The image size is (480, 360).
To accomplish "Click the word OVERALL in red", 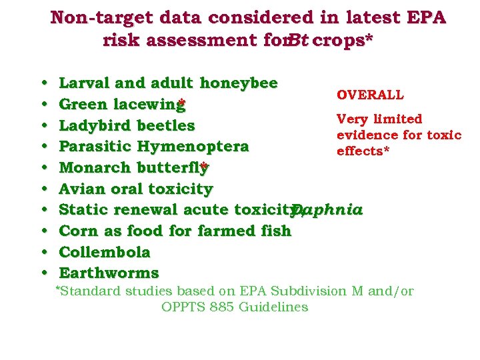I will click(x=370, y=95).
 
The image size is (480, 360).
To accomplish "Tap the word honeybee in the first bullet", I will click(x=239, y=83).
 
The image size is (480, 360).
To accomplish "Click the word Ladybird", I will click(x=95, y=126).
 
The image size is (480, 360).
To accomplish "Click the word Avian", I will click(x=80, y=189).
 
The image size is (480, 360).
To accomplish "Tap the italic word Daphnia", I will click(x=327, y=210).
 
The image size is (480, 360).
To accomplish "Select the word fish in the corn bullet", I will click(x=275, y=231).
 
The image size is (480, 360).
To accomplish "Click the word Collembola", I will click(x=105, y=253).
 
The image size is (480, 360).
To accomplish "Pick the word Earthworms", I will click(x=109, y=273).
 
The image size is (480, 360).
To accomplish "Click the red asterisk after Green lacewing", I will click(x=181, y=104).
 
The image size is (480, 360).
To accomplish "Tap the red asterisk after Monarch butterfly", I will click(x=205, y=167).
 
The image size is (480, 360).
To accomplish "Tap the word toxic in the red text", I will click(x=445, y=135).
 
